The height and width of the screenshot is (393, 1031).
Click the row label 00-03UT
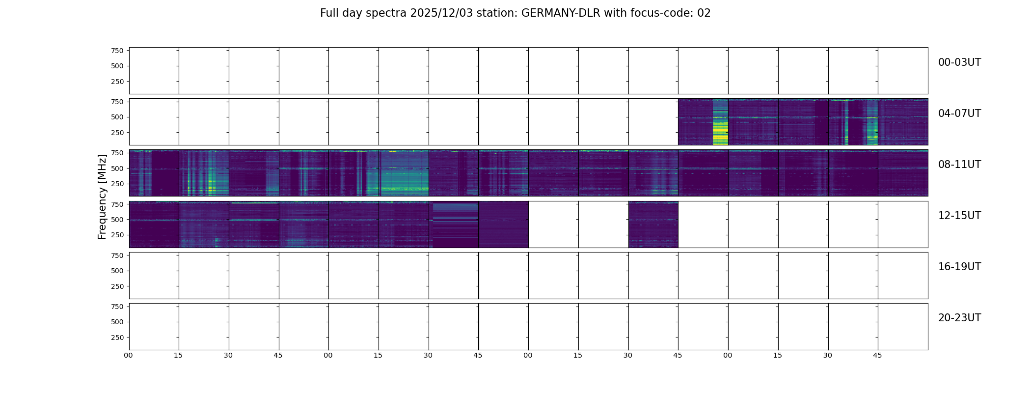point(959,62)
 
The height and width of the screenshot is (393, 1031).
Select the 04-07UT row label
point(959,113)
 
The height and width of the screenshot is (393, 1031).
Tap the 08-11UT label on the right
point(959,165)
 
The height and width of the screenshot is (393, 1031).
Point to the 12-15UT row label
point(959,216)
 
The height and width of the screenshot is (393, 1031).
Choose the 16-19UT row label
point(959,267)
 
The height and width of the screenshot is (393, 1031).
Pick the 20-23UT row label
point(959,318)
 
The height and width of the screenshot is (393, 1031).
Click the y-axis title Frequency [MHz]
point(102,196)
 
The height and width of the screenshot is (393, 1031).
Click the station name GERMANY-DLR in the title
point(561,13)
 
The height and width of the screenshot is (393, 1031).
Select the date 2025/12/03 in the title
point(441,13)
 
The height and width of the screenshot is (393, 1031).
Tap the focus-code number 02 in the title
point(704,13)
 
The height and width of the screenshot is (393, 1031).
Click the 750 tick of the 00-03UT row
point(117,51)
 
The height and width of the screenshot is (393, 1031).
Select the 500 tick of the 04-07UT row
point(117,117)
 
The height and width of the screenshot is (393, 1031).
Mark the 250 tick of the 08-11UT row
point(117,184)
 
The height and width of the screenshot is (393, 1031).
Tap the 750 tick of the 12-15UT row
point(117,204)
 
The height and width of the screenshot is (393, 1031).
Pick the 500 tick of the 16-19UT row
point(117,271)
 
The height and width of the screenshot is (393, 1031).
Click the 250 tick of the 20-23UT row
point(117,337)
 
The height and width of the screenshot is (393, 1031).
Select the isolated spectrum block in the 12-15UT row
point(653,225)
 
